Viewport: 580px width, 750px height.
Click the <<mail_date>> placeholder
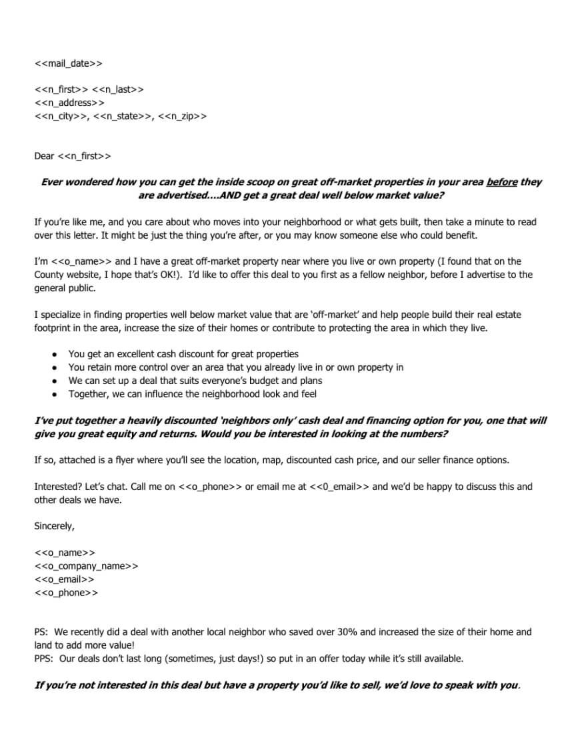tap(68, 64)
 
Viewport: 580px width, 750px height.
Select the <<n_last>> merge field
tap(117, 89)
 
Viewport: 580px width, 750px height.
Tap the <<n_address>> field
tap(69, 103)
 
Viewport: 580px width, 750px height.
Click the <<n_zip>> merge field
tap(183, 116)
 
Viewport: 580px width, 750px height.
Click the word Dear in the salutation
tap(44, 156)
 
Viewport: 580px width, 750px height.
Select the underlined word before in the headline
tap(502, 182)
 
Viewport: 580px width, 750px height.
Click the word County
tap(50, 275)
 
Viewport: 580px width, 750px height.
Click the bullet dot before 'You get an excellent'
tap(54, 354)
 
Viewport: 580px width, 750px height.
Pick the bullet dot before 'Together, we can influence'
tap(54, 394)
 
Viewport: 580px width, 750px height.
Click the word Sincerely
tap(55, 526)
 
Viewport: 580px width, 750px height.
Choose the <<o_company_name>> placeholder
tap(87, 566)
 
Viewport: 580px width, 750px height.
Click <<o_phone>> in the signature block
tap(66, 593)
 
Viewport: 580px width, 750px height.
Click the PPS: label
tap(44, 658)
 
